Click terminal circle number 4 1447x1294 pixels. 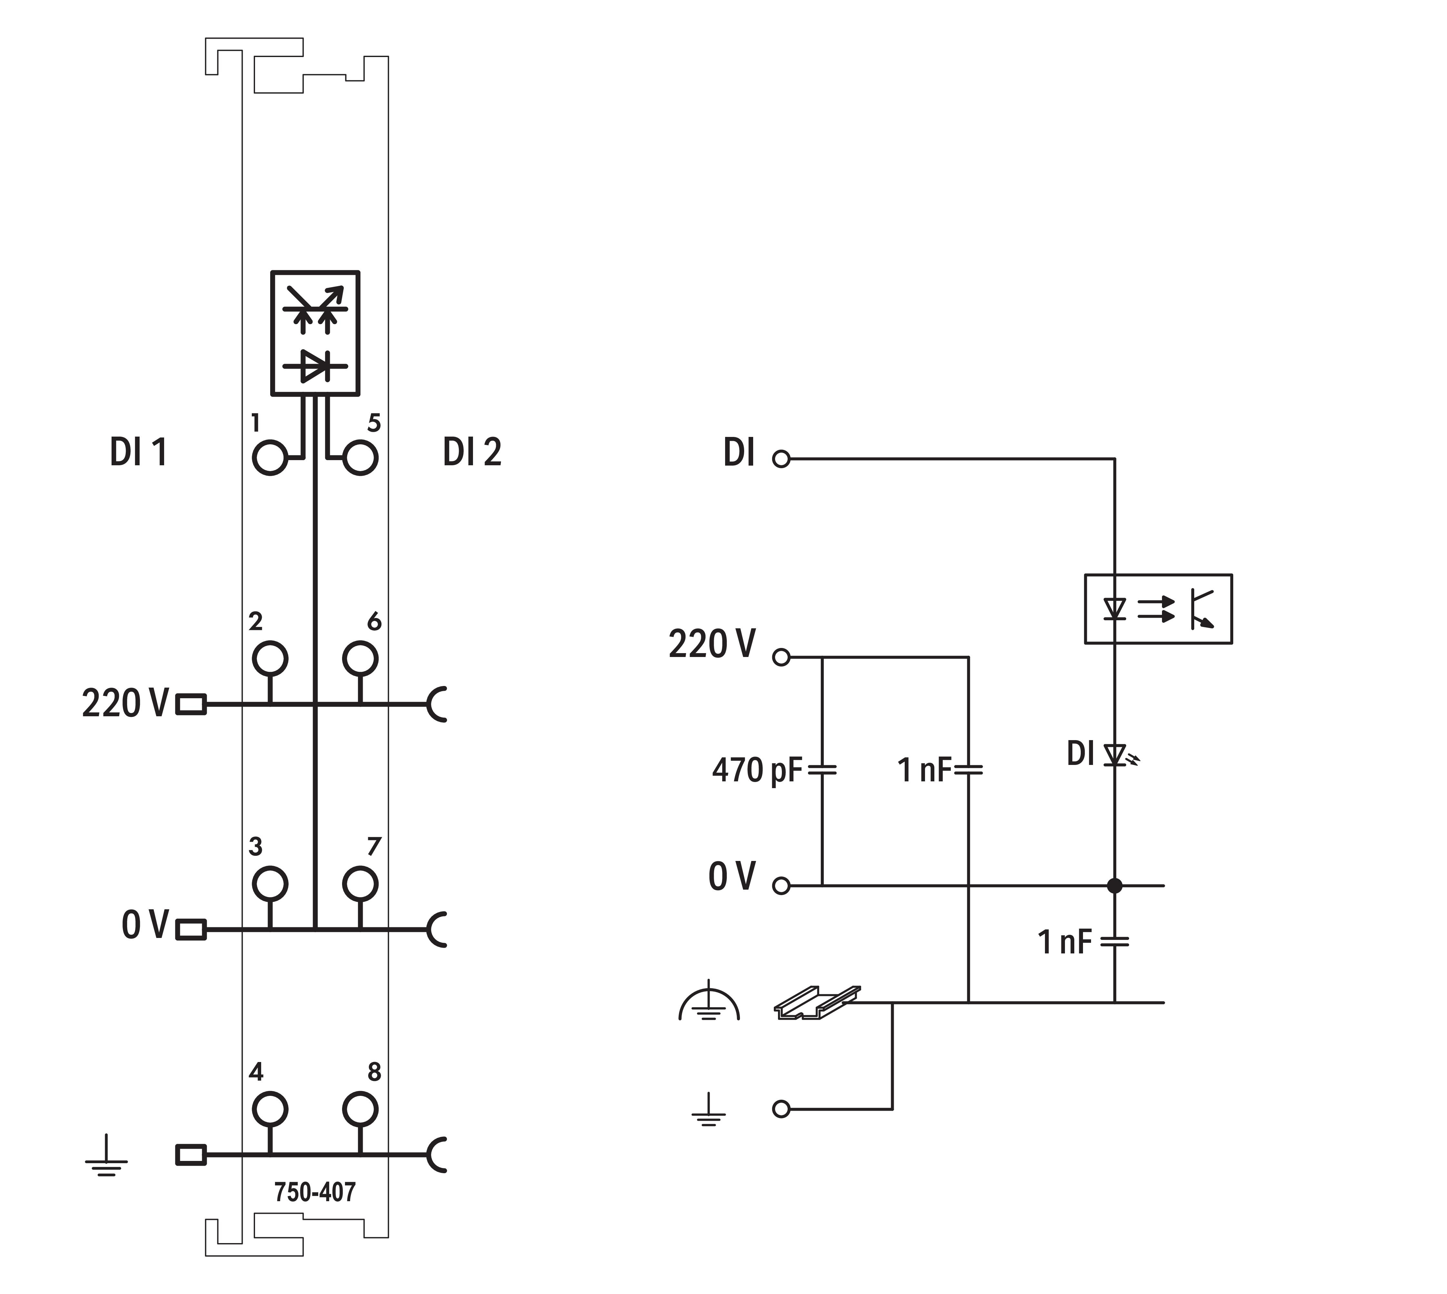pyautogui.click(x=270, y=1108)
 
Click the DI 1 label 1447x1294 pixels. pyautogui.click(x=139, y=452)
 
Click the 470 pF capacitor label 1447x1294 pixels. pyautogui.click(x=756, y=770)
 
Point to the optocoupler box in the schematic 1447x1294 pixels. pyautogui.click(x=1157, y=609)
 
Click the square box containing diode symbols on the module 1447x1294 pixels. pyautogui.click(x=315, y=333)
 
